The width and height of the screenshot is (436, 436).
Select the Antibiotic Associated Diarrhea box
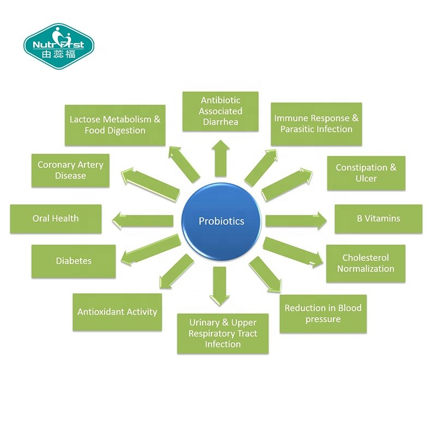(220, 111)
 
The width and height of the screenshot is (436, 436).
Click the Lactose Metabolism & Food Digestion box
(115, 125)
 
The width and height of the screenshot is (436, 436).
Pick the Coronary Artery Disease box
(70, 170)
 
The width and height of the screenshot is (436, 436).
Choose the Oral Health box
(56, 219)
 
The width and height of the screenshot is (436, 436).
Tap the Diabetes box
(74, 261)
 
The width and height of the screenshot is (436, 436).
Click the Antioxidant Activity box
(117, 312)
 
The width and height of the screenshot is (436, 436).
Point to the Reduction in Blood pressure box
(323, 314)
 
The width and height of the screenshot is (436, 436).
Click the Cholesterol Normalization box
(366, 263)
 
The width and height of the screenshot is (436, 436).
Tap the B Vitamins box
(378, 219)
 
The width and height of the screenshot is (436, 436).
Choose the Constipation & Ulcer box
(366, 173)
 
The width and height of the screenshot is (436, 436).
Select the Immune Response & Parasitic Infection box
(316, 124)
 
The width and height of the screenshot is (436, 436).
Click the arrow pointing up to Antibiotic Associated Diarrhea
(220, 157)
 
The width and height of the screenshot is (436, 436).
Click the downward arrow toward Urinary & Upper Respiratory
(220, 286)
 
